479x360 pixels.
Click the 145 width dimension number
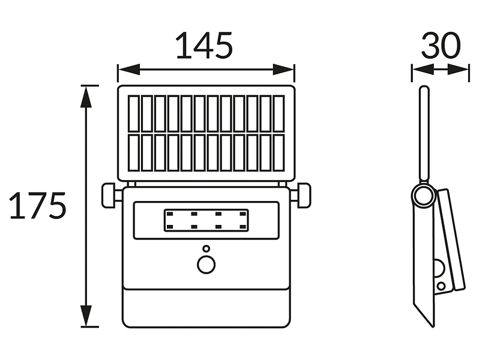pos(204,46)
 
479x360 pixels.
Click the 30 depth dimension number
pos(440,46)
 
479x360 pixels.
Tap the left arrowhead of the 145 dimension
pos(128,70)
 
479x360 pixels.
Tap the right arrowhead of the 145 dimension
pos(283,70)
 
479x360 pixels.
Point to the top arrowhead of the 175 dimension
pos(86,97)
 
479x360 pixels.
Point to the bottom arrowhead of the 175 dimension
pos(86,316)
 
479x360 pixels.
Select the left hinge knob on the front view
pos(109,195)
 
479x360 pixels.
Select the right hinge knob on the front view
pos(304,195)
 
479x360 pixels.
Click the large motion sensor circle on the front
pos(206,265)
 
